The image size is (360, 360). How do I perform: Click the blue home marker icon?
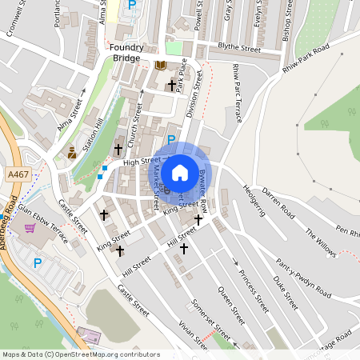(180, 172)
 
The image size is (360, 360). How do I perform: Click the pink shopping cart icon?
(30, 228)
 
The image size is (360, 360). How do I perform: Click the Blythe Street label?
(239, 49)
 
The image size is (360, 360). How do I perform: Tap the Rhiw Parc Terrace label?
(237, 92)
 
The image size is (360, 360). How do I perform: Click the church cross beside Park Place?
(171, 84)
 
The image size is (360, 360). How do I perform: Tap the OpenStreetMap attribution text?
(80, 354)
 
